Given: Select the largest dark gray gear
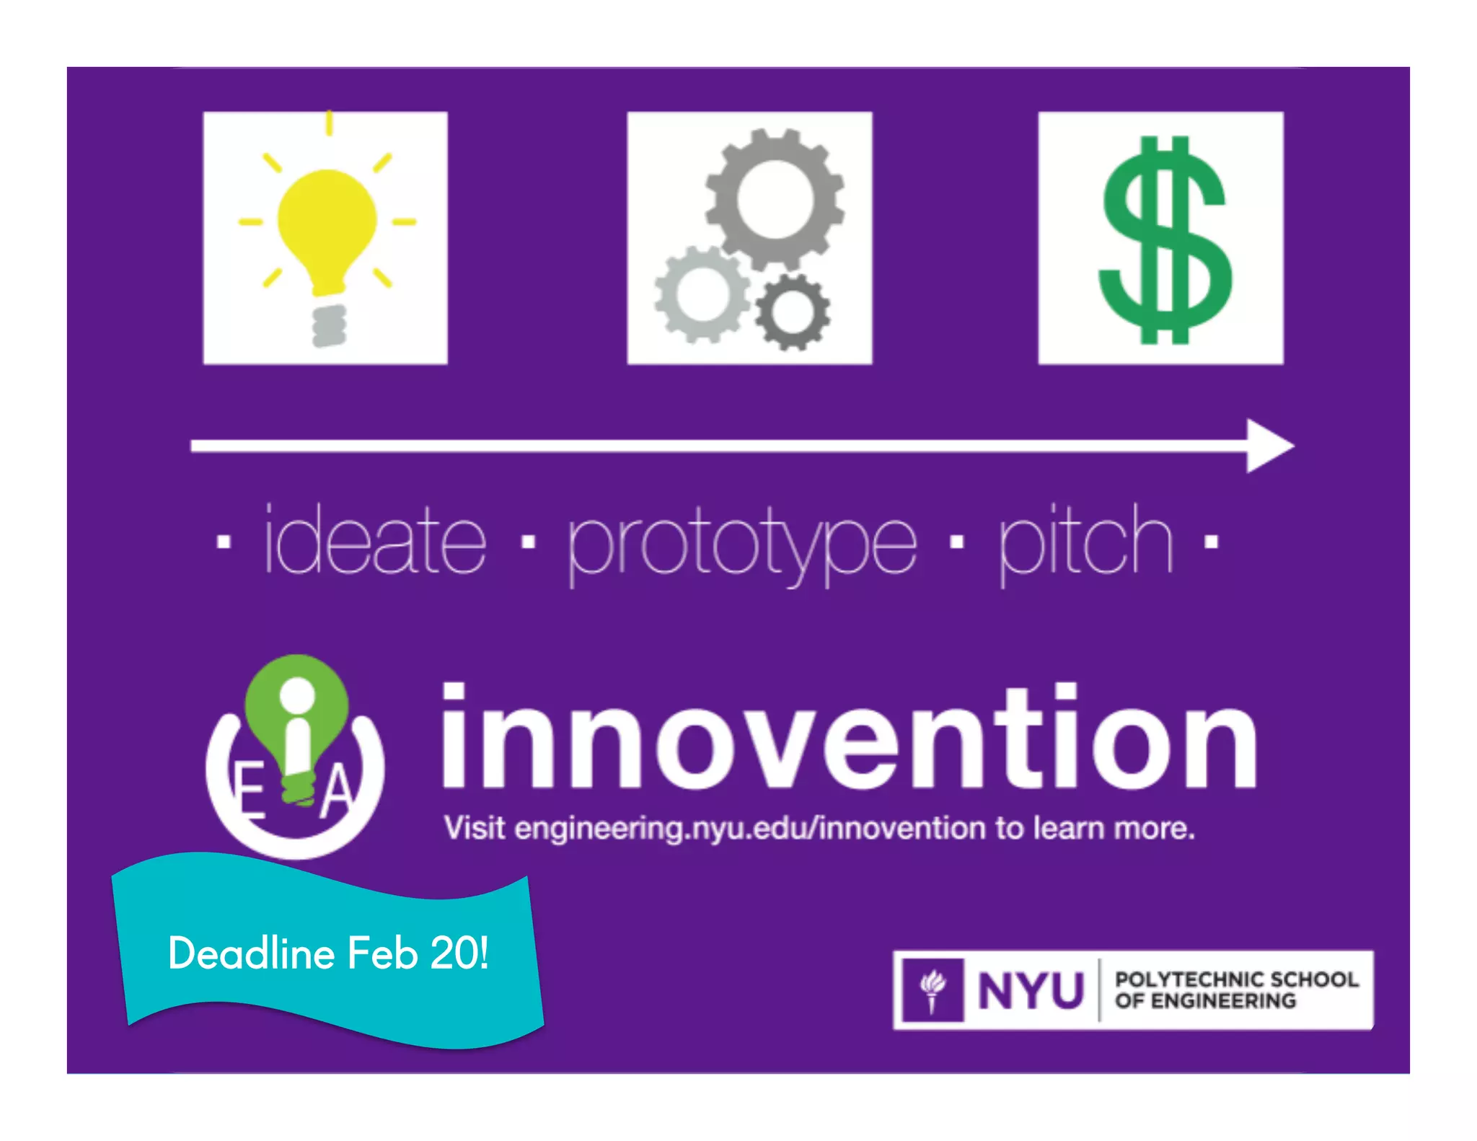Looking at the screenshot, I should point(775,198).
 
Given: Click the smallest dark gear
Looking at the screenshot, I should point(792,312).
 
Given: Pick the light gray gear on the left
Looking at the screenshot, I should point(700,294).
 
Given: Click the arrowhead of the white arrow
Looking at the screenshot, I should point(1269,446).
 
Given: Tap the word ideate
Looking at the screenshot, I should point(375,541).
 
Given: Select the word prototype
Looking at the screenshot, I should point(743,542).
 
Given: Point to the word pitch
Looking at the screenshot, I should point(1085,541).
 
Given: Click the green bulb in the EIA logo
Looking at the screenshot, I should point(297,710).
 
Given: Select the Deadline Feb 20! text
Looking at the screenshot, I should point(328,953).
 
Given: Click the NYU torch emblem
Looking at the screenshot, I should point(933,990).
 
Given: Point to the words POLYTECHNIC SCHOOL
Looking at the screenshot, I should point(1236,979).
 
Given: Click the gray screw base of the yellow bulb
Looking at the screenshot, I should point(329,325).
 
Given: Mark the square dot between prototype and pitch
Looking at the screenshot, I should point(956,541).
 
